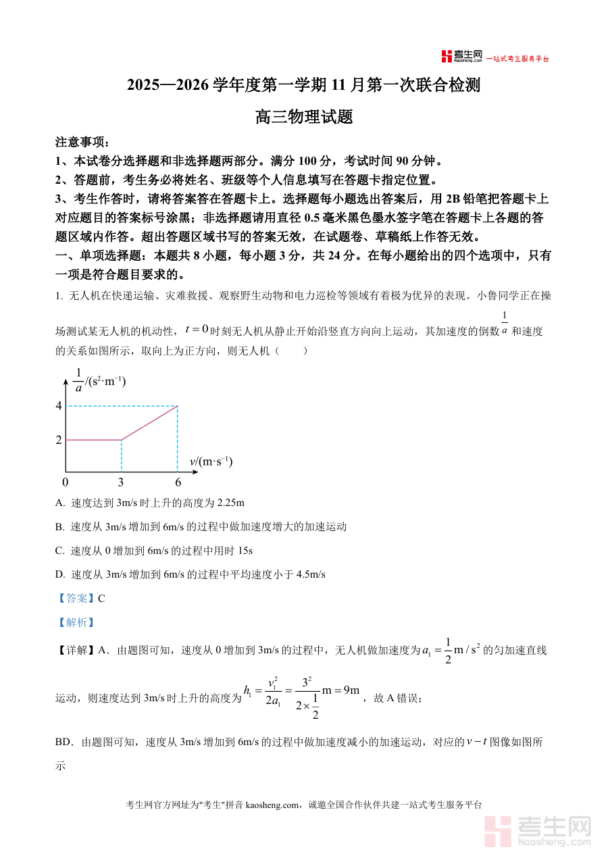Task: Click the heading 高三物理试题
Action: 304,117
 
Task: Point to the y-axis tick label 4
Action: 59,405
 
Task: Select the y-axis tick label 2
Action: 59,440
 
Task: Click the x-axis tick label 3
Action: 121,482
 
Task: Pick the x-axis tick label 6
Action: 178,482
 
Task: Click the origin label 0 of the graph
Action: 65,482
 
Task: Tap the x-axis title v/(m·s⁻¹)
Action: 211,461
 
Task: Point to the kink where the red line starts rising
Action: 122,440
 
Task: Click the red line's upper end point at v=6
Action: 177,406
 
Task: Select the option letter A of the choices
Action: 59,503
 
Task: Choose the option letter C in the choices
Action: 59,551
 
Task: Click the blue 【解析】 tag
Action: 75,622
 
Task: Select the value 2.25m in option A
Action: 226,503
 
